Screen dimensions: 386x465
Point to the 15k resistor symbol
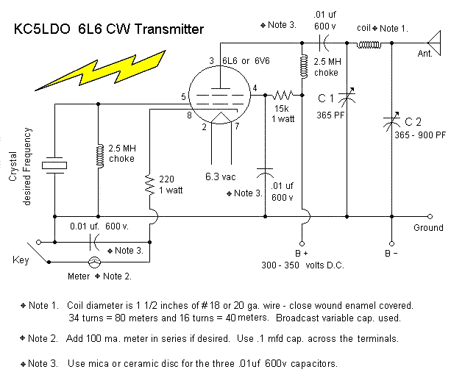click(x=284, y=94)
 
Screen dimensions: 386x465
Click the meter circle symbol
click(x=94, y=262)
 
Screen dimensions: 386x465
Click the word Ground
click(x=428, y=227)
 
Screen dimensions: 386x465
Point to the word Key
click(x=21, y=260)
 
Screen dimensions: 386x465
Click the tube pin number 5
click(x=184, y=97)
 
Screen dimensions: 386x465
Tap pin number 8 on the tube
click(x=189, y=114)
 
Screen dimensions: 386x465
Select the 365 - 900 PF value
click(x=419, y=135)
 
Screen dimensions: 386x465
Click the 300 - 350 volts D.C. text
click(x=303, y=265)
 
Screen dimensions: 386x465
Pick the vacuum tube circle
click(x=219, y=96)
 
